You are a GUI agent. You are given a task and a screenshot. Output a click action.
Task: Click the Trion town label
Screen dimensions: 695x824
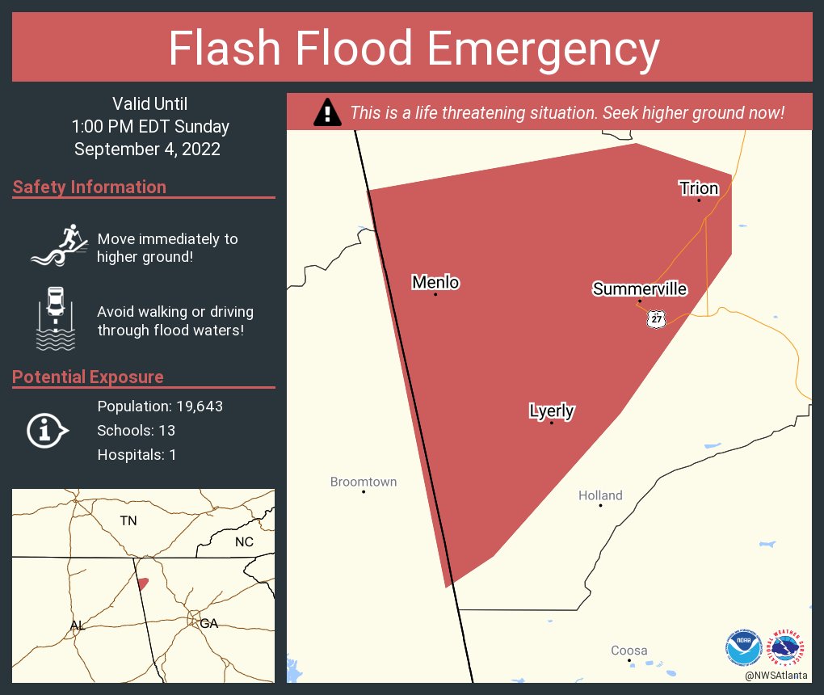699,188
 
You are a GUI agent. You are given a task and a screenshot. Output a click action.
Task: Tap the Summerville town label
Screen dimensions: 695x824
640,289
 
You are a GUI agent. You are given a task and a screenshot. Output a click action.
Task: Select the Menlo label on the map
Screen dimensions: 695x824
435,282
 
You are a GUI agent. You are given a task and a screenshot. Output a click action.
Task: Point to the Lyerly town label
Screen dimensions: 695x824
552,411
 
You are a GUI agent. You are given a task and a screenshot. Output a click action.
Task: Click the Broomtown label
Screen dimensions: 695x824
364,482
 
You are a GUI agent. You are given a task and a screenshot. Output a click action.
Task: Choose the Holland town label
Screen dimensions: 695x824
600,495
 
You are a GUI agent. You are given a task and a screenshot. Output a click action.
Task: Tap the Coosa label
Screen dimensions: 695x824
629,651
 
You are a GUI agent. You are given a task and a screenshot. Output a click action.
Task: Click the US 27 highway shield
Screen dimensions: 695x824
656,319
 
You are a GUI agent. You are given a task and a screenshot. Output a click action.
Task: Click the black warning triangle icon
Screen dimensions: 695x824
326,112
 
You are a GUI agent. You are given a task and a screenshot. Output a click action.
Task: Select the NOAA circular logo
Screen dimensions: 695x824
743,647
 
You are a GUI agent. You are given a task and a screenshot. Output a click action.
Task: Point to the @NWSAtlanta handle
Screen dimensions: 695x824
776,675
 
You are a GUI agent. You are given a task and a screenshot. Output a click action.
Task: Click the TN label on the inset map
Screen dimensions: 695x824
128,520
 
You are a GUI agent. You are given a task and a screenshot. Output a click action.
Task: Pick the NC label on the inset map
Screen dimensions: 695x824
244,541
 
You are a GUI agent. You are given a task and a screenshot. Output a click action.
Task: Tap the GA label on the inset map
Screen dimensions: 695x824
209,623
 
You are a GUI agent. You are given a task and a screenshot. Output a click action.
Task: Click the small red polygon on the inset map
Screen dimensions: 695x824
142,583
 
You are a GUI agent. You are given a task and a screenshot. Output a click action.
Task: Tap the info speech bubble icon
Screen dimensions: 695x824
47,431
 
